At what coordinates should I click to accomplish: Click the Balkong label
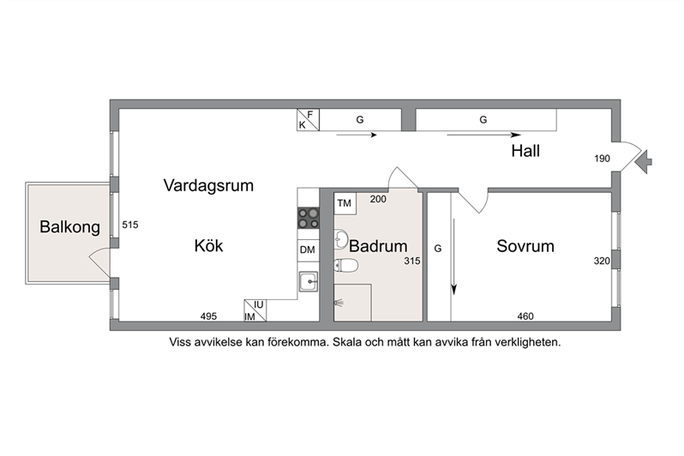pos(69,227)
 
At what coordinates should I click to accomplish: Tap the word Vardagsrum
pos(208,185)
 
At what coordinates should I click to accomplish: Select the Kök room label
pos(208,246)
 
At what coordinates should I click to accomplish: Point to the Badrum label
pos(378,246)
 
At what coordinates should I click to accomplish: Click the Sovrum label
pos(525,246)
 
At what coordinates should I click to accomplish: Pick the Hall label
pos(525,151)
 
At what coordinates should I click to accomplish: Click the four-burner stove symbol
pos(309,219)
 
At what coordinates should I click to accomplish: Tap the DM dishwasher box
pos(308,250)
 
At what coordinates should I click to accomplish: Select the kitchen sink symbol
pos(309,282)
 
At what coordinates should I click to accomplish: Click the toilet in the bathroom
pos(346,266)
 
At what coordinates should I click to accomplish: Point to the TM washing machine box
pos(345,203)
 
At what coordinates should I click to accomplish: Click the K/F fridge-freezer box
pos(308,119)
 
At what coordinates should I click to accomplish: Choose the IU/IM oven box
pos(255,310)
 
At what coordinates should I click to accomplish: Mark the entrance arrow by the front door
pos(644,161)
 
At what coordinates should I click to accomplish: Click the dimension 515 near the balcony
pos(130,225)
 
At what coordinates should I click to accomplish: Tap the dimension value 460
pos(525,316)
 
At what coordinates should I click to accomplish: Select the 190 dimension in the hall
pos(602,159)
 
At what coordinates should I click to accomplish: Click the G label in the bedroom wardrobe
pos(438,249)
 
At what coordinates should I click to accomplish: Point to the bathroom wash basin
pos(340,239)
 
